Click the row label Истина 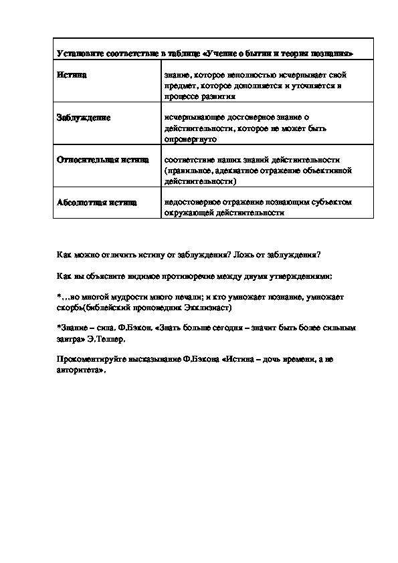(72, 75)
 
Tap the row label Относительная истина (98, 160)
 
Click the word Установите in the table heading (77, 52)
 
